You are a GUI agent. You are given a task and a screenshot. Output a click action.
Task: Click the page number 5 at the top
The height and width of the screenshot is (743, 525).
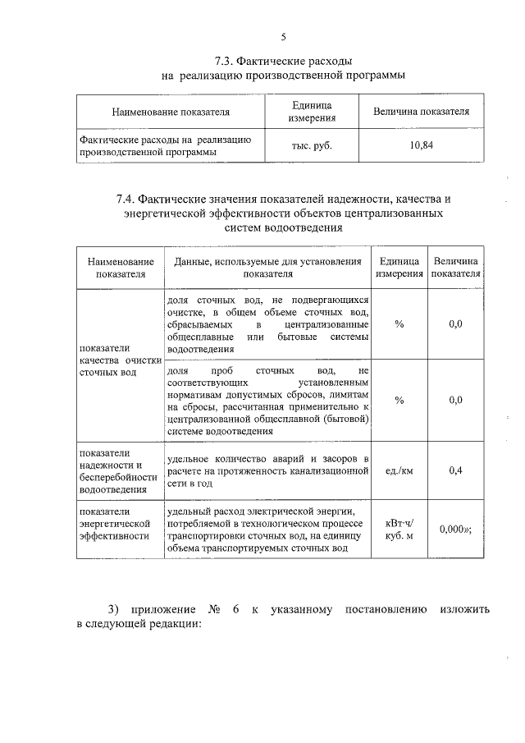pos(283,36)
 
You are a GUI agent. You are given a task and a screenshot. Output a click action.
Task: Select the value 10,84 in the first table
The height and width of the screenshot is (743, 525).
pos(421,145)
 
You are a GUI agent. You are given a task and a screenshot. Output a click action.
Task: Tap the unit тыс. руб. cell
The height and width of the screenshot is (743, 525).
pos(311,145)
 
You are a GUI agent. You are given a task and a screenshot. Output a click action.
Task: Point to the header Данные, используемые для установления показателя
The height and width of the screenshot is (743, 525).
pos(267,267)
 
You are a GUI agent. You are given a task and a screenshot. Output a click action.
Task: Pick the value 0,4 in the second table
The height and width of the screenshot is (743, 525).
pos(456,470)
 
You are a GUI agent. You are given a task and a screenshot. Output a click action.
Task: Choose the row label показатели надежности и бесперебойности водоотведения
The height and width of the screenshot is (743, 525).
pos(117,471)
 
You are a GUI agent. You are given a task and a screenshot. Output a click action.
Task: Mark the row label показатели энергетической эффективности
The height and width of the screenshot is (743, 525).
pos(115,523)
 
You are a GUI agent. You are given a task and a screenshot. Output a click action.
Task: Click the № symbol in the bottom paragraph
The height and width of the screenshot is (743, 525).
pos(217,609)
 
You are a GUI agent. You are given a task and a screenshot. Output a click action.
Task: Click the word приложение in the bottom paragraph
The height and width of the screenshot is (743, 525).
pos(162,609)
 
